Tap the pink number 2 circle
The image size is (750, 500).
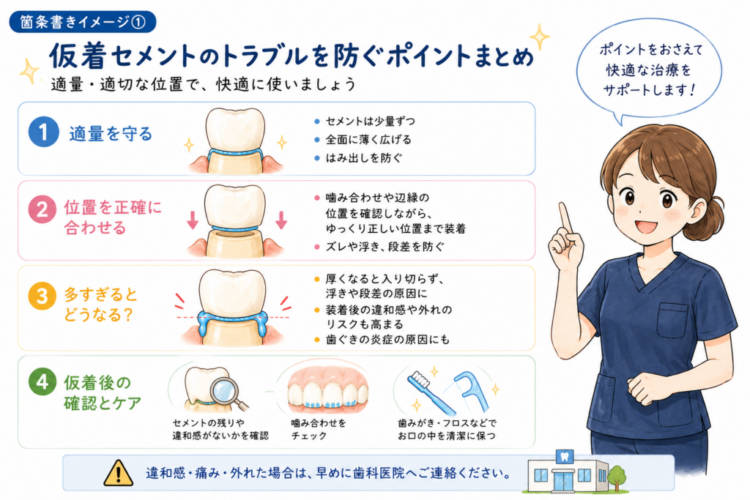tap(42, 209)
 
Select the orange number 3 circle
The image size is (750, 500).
tap(42, 296)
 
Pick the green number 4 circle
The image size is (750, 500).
tap(42, 382)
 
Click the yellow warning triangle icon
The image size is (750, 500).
tap(118, 473)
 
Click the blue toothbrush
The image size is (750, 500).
tap(431, 393)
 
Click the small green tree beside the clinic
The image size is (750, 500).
tap(617, 478)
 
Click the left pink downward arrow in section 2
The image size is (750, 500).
tap(193, 220)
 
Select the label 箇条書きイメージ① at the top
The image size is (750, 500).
tap(83, 22)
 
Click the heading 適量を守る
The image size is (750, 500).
tap(111, 133)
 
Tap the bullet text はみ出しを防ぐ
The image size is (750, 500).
tap(364, 157)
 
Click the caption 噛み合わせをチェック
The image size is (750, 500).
tap(318, 429)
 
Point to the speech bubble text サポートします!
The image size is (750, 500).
tap(649, 90)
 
